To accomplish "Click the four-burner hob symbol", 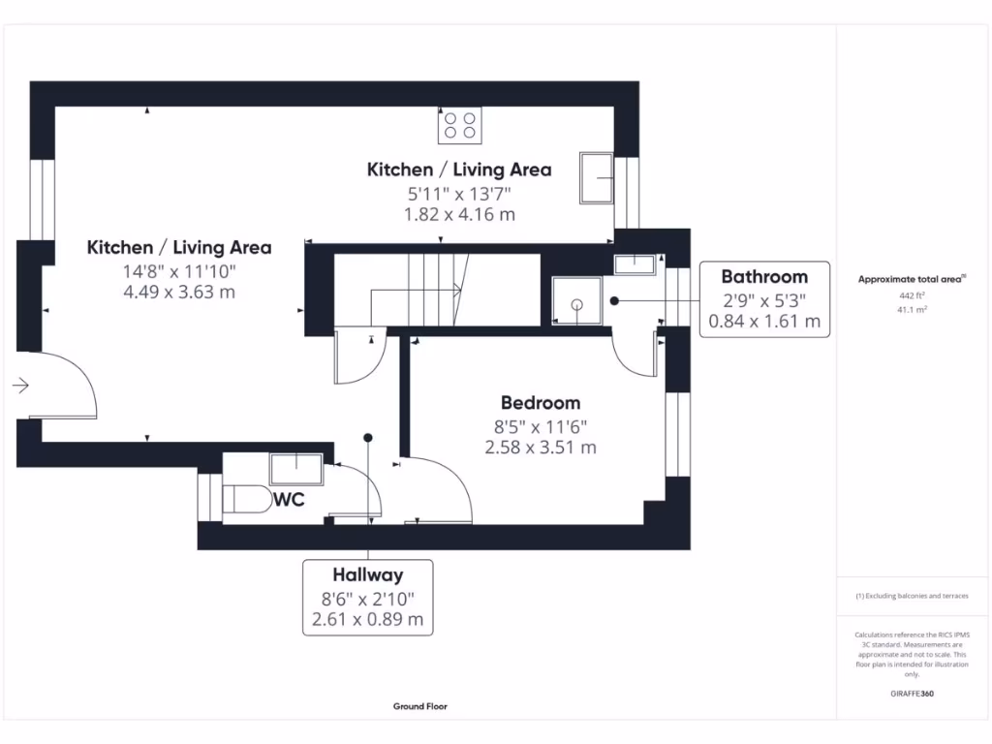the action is pyautogui.click(x=460, y=125).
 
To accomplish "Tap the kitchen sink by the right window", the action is pyautogui.click(x=597, y=178).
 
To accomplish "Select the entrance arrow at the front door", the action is pyautogui.click(x=20, y=386).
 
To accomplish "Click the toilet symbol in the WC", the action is pyautogui.click(x=247, y=499).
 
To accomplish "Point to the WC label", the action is pyautogui.click(x=289, y=500).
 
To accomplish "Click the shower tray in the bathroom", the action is pyautogui.click(x=576, y=300).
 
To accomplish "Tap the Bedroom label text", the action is pyautogui.click(x=541, y=403).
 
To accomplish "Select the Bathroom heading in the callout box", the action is pyautogui.click(x=764, y=277).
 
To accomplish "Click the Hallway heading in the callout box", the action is pyautogui.click(x=367, y=575).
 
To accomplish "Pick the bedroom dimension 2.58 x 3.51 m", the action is pyautogui.click(x=541, y=448).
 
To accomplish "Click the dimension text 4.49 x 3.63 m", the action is pyautogui.click(x=179, y=293).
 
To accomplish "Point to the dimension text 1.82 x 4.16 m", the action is pyautogui.click(x=459, y=214).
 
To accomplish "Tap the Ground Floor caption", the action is pyautogui.click(x=420, y=706).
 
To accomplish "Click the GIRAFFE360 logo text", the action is pyautogui.click(x=912, y=694).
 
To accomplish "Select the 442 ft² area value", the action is pyautogui.click(x=912, y=295).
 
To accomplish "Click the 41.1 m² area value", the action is pyautogui.click(x=912, y=310).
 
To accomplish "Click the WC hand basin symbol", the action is pyautogui.click(x=296, y=470).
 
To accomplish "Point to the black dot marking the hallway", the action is pyautogui.click(x=367, y=438).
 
